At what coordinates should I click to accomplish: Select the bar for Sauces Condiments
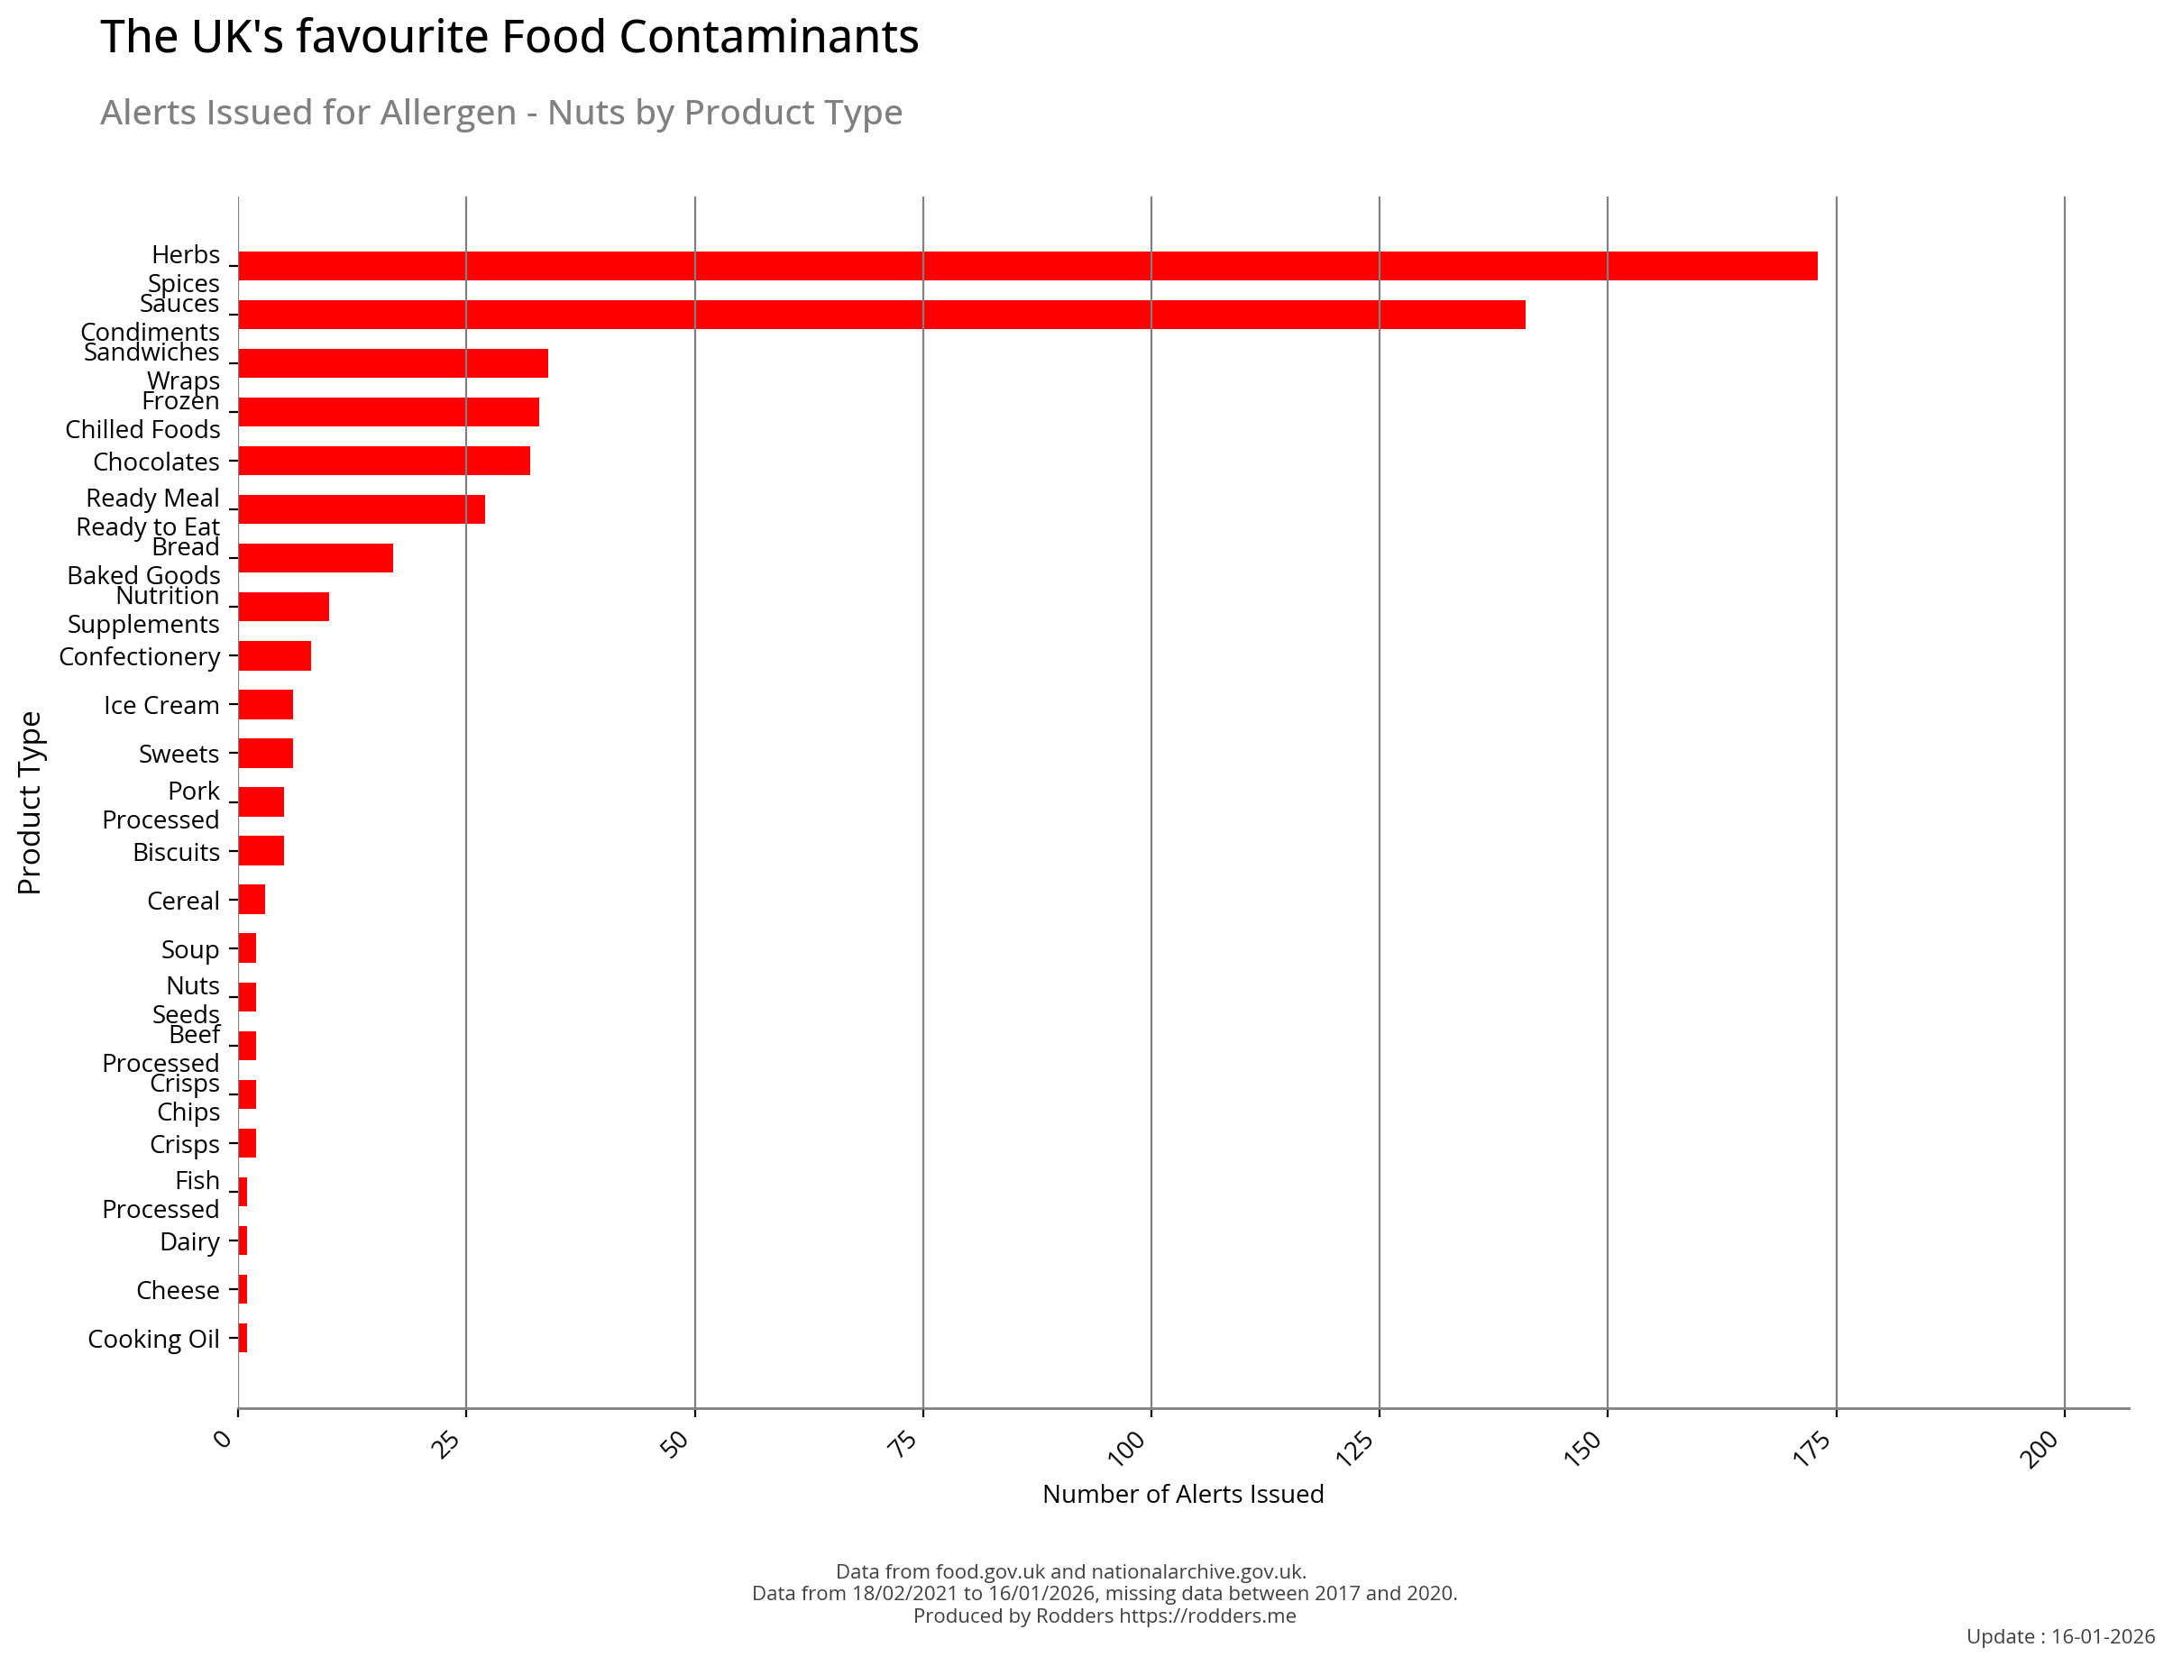pos(881,315)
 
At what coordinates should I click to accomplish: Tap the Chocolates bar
pos(384,462)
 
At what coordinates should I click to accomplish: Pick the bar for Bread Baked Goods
pos(316,558)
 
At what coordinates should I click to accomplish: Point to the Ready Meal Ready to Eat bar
pos(361,509)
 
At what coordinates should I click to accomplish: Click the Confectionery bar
pos(275,655)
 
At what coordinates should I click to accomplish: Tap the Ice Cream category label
pos(161,706)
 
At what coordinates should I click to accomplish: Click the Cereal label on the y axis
pos(183,902)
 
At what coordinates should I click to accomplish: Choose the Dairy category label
pos(189,1242)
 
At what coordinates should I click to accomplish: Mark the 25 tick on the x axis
pos(449,1444)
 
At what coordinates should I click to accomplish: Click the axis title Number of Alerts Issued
pos(1182,1495)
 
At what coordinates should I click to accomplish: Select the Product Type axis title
pos(30,802)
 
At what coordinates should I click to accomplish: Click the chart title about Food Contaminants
pos(509,38)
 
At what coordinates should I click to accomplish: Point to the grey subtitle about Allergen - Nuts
pos(500,113)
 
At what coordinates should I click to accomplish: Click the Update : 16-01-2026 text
pos(2060,1636)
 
